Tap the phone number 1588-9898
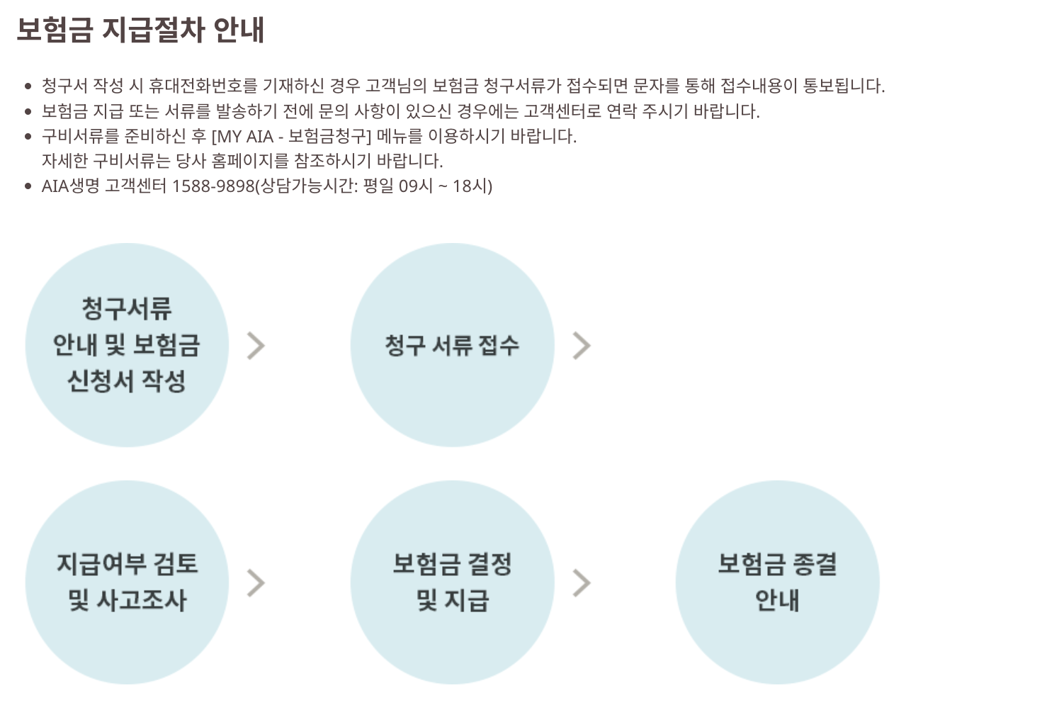[213, 186]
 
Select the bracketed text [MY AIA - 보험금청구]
[291, 136]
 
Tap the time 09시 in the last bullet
[416, 186]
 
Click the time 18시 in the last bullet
[472, 186]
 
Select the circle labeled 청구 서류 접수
[452, 345]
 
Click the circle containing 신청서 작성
[127, 345]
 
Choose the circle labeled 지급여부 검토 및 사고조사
[127, 582]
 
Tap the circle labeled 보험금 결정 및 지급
[452, 582]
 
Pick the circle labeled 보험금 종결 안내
[777, 582]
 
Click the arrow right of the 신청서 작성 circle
[256, 346]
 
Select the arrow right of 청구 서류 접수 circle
[582, 346]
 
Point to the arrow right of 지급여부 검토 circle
[256, 583]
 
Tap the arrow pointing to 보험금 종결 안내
[582, 583]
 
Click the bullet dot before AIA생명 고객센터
[28, 187]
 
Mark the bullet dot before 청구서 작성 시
[28, 86]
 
